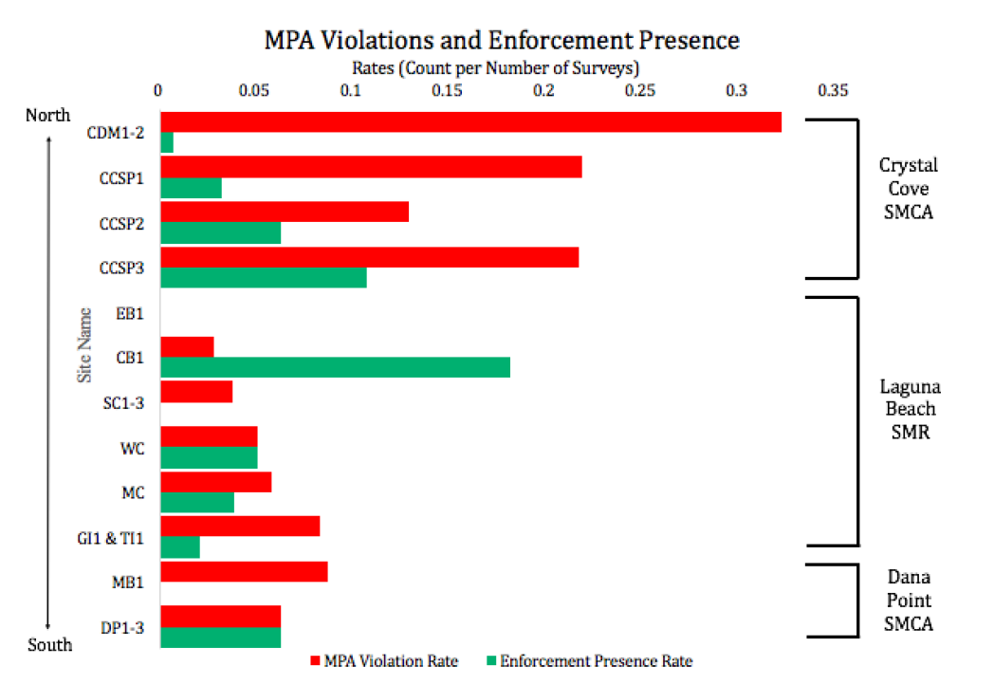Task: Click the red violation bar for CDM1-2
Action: click(x=470, y=122)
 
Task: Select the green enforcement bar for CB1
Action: click(x=335, y=367)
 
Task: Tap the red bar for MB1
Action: click(x=244, y=572)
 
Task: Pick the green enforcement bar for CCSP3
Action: click(x=263, y=277)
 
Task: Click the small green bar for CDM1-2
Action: click(x=167, y=142)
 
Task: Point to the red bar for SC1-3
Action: click(x=196, y=392)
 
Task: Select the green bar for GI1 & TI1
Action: click(x=180, y=547)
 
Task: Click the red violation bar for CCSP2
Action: click(x=285, y=212)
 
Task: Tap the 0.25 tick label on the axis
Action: click(x=639, y=91)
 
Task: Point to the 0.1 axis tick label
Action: click(x=351, y=91)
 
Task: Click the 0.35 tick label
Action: click(x=834, y=91)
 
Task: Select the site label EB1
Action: click(x=131, y=311)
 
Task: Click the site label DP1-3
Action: click(x=123, y=626)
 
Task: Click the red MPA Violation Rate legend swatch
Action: click(x=316, y=661)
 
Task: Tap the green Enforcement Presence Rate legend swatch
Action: click(x=492, y=661)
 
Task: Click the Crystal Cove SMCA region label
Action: click(x=908, y=188)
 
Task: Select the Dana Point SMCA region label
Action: click(x=908, y=601)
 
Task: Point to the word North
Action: click(x=48, y=115)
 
